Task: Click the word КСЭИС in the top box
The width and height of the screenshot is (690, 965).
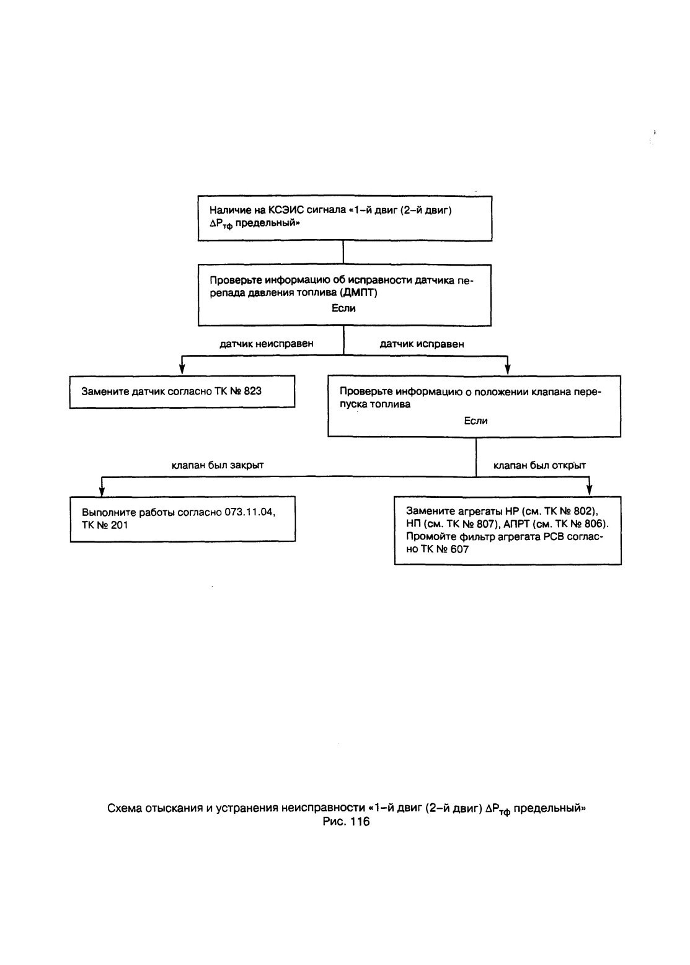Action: pos(285,210)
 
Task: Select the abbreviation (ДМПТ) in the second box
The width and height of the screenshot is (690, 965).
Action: pos(358,293)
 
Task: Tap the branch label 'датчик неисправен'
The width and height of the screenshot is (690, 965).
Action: pos(267,344)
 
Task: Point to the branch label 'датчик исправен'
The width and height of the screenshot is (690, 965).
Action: pos(422,344)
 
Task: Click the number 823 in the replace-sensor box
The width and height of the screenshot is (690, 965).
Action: pos(253,391)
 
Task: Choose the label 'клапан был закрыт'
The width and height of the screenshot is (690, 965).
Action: pos(218,465)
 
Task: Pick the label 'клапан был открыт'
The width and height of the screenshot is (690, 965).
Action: pos(539,465)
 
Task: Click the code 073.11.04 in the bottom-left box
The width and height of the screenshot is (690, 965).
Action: pos(250,512)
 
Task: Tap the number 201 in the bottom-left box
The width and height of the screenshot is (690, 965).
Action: pos(119,525)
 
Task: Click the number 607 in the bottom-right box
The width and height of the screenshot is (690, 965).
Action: pos(459,549)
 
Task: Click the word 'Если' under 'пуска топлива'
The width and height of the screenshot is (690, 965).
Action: pos(475,421)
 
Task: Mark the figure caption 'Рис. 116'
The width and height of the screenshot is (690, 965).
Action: pos(347,821)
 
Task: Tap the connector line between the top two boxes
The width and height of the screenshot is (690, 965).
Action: pos(343,253)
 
